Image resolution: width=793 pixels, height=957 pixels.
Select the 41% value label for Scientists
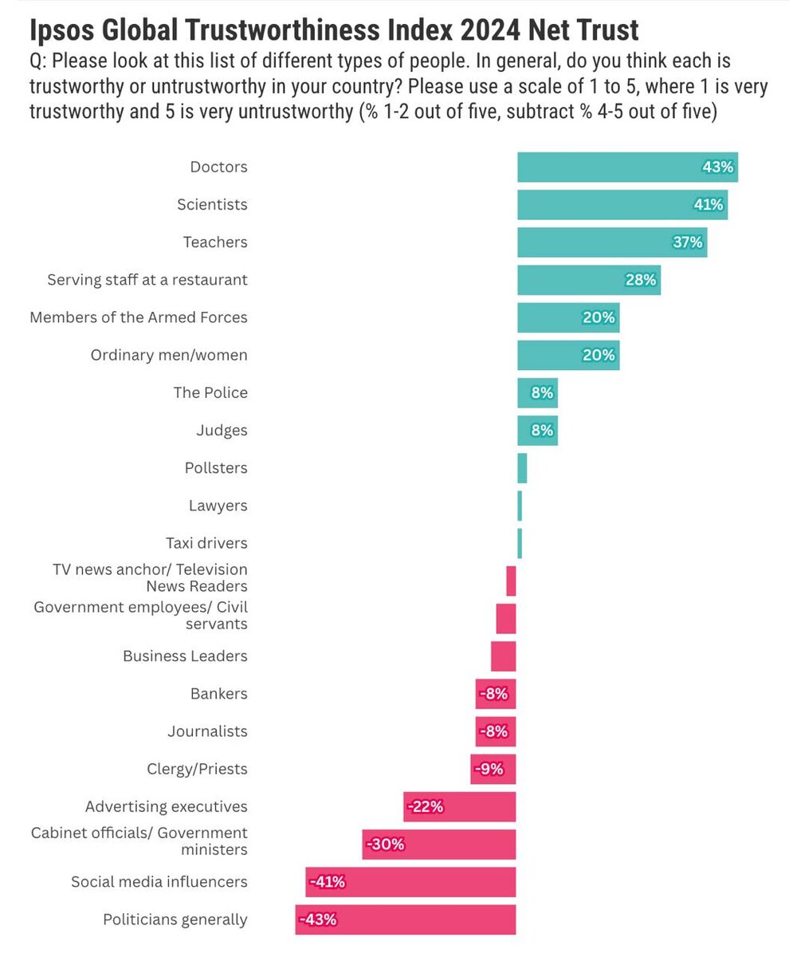(708, 205)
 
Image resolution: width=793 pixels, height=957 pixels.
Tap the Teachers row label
(215, 242)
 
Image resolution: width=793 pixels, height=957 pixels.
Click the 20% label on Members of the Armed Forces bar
(599, 317)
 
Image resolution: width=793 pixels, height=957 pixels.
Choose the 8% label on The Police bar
(542, 392)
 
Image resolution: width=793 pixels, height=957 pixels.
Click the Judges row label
(222, 431)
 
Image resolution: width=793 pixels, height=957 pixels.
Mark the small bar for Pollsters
(522, 468)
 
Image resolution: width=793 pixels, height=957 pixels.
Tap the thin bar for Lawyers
(520, 506)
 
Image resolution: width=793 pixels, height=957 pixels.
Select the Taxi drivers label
(206, 543)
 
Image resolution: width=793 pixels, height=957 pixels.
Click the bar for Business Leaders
(504, 656)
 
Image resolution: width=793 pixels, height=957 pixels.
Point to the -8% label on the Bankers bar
(493, 694)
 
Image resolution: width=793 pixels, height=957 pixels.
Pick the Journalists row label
(207, 731)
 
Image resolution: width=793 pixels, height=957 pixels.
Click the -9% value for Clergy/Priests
(489, 769)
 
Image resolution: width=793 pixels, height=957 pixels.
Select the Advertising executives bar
(460, 807)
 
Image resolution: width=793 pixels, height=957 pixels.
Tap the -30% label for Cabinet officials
(386, 844)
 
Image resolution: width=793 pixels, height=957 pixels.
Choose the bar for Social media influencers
(410, 882)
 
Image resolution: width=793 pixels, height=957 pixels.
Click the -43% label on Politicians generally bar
(318, 920)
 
